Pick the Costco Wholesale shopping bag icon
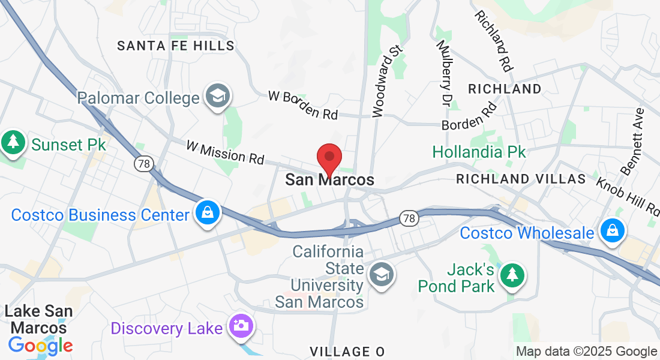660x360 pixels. point(611,232)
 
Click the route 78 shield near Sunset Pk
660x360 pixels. point(143,163)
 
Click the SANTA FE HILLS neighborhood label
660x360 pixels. point(176,46)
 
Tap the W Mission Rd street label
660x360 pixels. point(225,152)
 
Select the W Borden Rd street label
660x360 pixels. point(303,104)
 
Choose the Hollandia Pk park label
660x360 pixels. point(479,152)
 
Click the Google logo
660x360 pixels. point(40,346)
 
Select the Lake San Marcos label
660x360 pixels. point(39,319)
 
